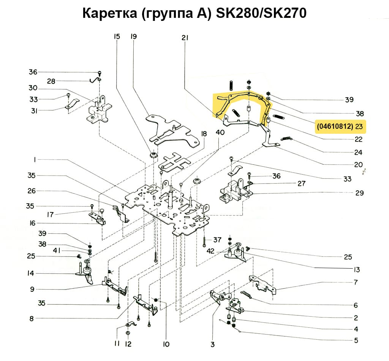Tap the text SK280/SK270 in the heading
click(261, 14)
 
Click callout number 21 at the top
click(185, 38)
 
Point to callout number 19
click(133, 37)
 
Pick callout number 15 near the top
click(117, 37)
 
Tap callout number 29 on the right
click(359, 193)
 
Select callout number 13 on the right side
click(356, 270)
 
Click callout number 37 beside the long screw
click(217, 240)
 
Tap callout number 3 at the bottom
click(212, 345)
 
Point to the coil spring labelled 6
click(248, 295)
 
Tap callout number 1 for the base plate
click(35, 160)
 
